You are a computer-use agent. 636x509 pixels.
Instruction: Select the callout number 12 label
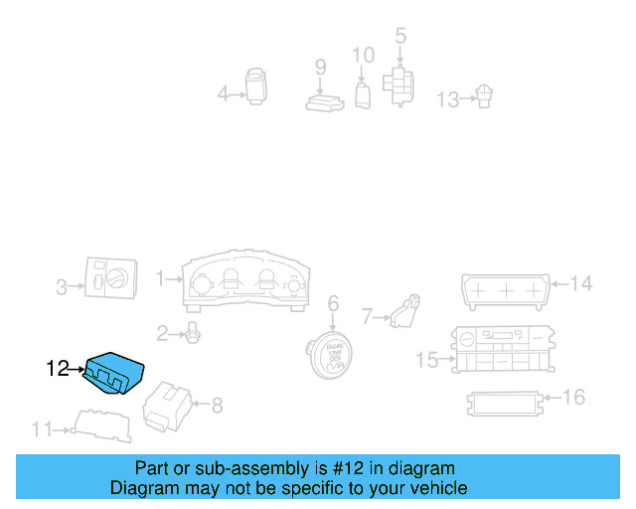pyautogui.click(x=59, y=369)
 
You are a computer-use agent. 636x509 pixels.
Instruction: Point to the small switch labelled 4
pyautogui.click(x=256, y=85)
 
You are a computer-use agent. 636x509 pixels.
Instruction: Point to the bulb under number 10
pyautogui.click(x=363, y=95)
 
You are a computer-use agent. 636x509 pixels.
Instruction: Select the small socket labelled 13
pyautogui.click(x=484, y=97)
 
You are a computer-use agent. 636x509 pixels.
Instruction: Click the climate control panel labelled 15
pyautogui.click(x=501, y=348)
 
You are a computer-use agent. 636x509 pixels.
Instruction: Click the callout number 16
pyautogui.click(x=573, y=398)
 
